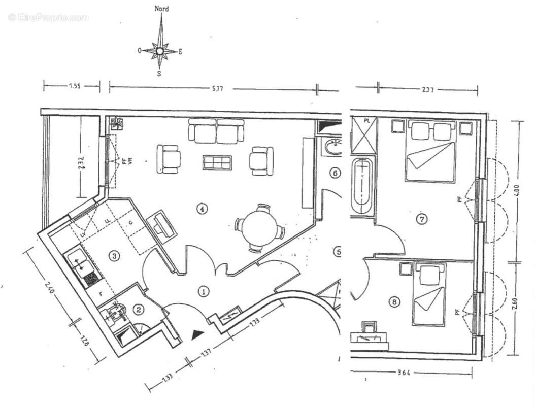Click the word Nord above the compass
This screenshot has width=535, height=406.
point(161,9)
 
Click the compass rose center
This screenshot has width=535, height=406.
point(160,51)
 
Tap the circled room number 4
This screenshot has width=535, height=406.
point(203,208)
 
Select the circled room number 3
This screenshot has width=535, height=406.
point(115,256)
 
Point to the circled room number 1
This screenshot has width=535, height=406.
point(203,291)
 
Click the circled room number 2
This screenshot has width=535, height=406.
point(138,308)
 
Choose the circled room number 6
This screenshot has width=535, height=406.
point(335,173)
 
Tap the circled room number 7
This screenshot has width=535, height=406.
point(422,219)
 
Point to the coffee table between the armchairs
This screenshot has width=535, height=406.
point(217,162)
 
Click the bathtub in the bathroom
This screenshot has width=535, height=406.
point(362,187)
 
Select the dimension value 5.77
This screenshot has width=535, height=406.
point(217,88)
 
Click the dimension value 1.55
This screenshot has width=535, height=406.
point(75,87)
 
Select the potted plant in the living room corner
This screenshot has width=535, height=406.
point(118,122)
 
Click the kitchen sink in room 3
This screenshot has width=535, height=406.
point(78,260)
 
